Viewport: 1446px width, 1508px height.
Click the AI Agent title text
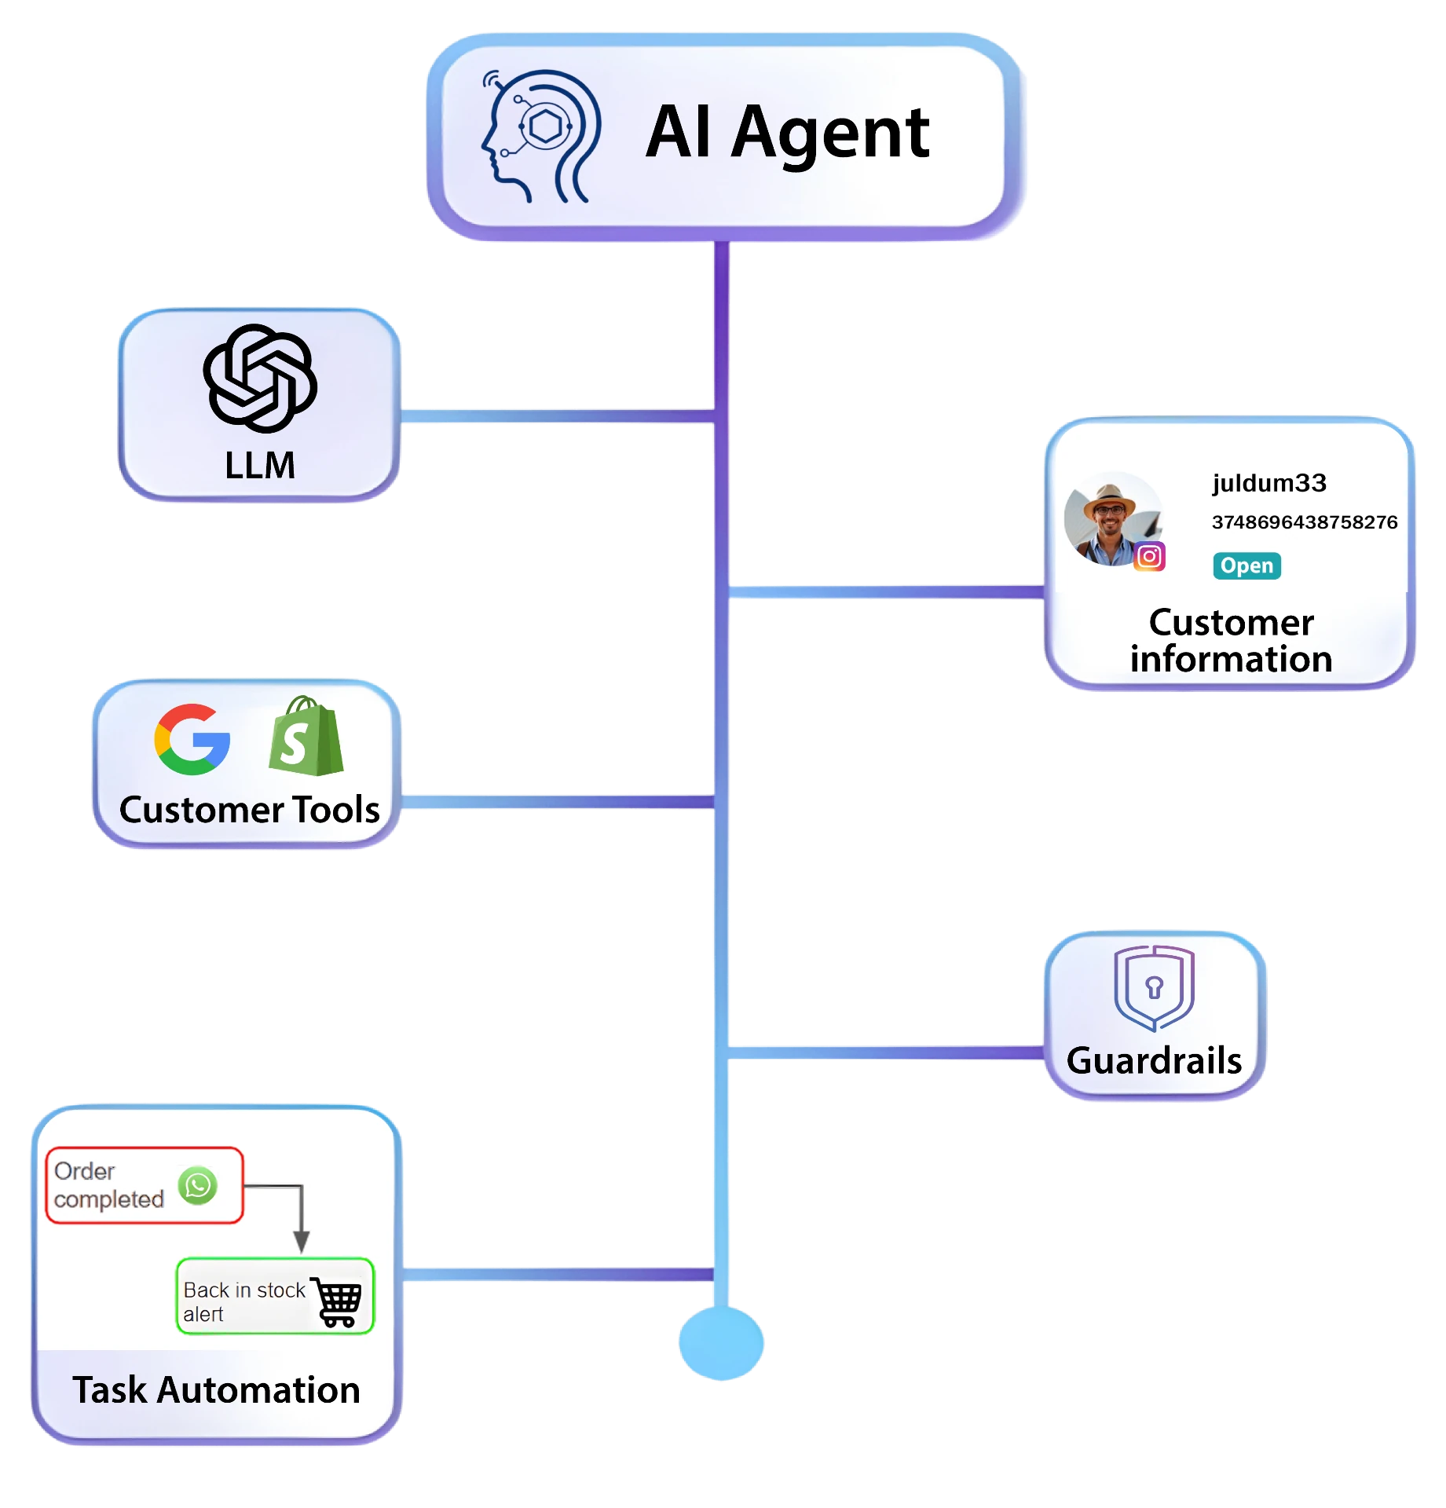[788, 134]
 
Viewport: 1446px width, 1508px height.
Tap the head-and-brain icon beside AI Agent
[541, 135]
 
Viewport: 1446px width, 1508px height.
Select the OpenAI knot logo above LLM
[260, 379]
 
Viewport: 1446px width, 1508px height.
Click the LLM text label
[260, 465]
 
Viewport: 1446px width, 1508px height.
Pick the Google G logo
[192, 739]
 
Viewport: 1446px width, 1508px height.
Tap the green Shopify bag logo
[306, 737]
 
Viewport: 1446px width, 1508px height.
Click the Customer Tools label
[250, 810]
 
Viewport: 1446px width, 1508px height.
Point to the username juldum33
[1269, 482]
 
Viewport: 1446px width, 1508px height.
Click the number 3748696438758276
[1305, 522]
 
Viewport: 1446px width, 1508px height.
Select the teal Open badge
[1246, 565]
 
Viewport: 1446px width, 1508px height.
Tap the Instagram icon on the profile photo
[1149, 557]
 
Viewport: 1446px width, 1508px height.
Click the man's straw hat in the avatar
[1109, 498]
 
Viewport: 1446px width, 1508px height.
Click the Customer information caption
[1231, 640]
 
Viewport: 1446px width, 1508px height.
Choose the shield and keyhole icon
[1154, 988]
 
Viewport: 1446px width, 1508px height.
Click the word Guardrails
[1154, 1060]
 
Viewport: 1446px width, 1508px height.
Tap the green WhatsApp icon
[198, 1185]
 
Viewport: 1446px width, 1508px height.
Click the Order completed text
[108, 1185]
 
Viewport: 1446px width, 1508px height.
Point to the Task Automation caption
[217, 1389]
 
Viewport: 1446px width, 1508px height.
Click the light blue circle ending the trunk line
[721, 1342]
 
